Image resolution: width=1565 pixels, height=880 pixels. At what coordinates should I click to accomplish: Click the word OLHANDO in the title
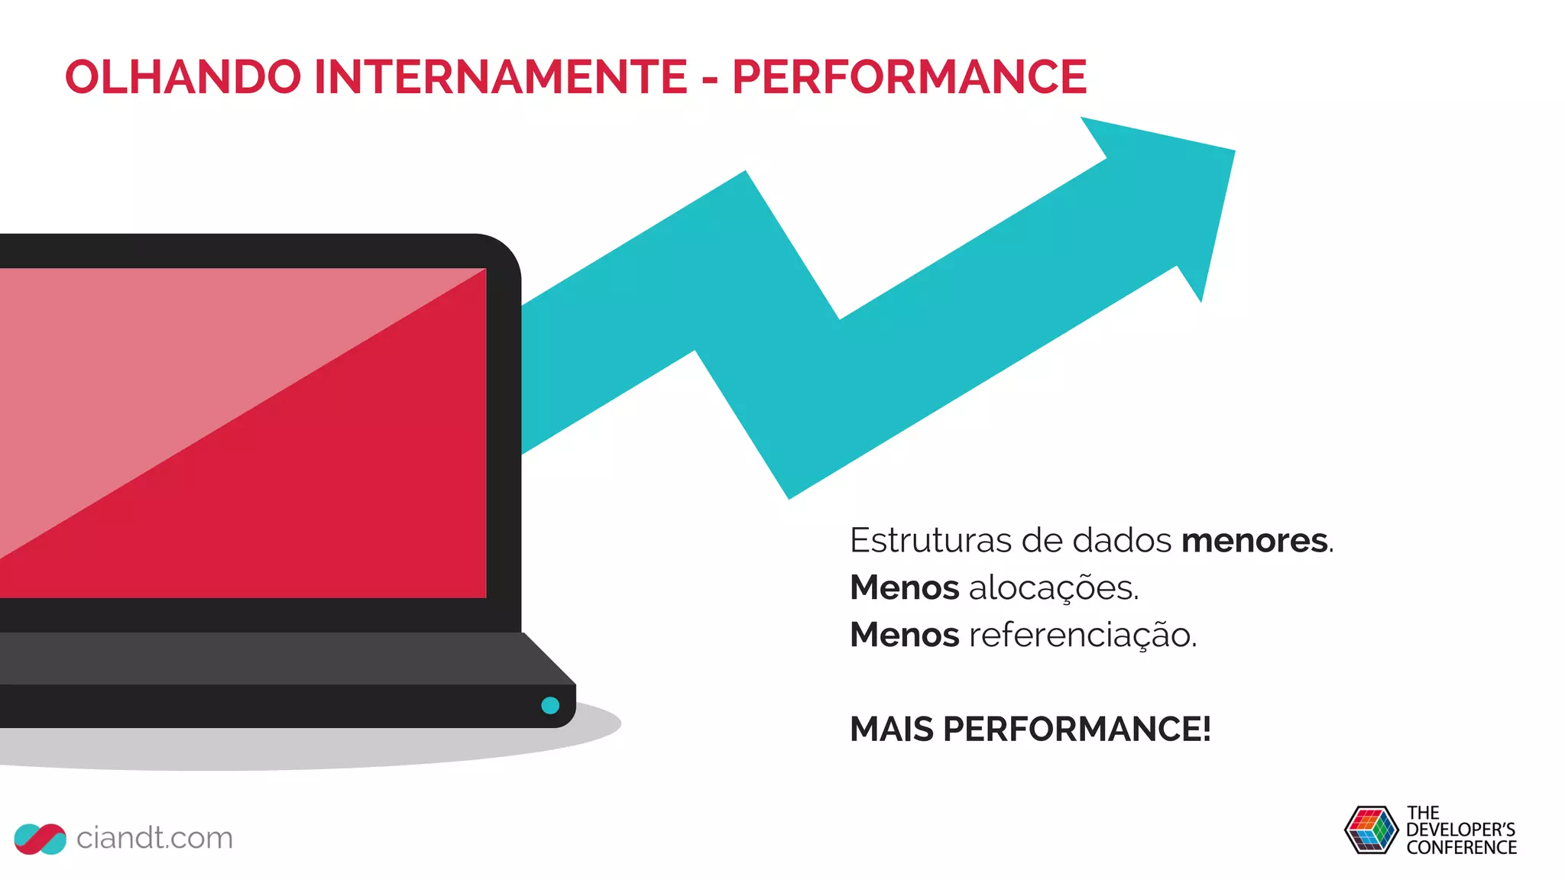pos(183,77)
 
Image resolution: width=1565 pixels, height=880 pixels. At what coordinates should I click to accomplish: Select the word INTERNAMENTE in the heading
pos(501,77)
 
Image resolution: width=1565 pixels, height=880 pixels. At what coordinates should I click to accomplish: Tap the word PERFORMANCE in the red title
pos(909,77)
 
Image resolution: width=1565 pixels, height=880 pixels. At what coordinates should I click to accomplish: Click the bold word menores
pos(1254,541)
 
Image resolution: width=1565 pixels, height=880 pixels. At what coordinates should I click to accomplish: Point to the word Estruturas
pos(930,541)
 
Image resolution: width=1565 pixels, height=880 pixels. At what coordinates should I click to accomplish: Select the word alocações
pos(1053,588)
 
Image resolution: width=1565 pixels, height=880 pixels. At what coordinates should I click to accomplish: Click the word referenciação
pos(1082,636)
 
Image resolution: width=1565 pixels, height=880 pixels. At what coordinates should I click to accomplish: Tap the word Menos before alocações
pos(904,588)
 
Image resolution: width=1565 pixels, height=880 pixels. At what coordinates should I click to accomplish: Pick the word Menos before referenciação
pos(904,636)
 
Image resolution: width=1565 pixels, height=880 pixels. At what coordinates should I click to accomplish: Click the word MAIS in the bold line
pos(891,730)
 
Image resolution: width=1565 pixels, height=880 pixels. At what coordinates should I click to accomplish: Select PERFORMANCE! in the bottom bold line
pos(1077,730)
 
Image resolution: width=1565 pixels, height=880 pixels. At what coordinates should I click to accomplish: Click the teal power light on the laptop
pos(550,705)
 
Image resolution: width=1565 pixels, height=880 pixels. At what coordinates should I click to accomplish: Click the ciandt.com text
pos(154,838)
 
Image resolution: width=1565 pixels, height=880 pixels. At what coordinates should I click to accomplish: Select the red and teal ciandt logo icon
pos(40,839)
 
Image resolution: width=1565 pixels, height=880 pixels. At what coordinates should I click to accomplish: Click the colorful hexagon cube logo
pos(1371,830)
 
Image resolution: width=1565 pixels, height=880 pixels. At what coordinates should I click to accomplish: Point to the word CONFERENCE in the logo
pos(1461,848)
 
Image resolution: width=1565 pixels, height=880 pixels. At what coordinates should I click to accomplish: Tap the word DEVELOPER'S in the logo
pos(1460,830)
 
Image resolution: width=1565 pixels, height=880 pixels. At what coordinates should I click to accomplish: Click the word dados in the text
pos(1122,541)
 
